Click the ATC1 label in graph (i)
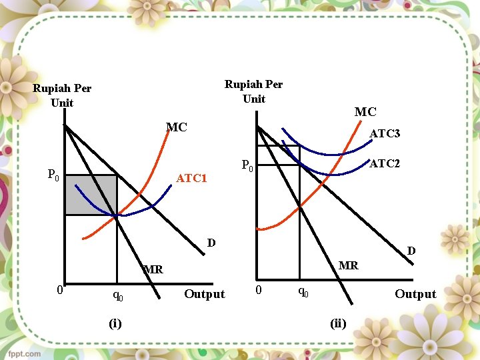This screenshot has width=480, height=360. pos(191,179)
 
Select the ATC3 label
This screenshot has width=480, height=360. pos(385,134)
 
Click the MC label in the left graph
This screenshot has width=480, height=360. pos(176,127)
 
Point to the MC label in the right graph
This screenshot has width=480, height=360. pos(365,112)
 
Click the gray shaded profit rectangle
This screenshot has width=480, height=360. pos(91,195)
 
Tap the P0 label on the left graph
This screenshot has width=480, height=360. pos(53,175)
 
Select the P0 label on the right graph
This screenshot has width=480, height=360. pos(247,165)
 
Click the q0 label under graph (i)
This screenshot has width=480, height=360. pos(117,294)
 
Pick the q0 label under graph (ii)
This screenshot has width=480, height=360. pos(302,291)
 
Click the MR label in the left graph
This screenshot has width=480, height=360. pos(153,270)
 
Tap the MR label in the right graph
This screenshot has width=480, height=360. pos(348,265)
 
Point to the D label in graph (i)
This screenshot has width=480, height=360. pos(211,243)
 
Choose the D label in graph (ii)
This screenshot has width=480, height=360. pos(411,251)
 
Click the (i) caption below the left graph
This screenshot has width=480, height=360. pos(115,324)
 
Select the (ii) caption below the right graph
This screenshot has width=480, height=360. pos(338,324)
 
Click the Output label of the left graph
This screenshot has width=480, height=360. pos(205,294)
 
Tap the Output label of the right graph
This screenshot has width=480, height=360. pos(415,294)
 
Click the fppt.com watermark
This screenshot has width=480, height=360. pos(25,353)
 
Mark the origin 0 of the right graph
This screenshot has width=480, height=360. pos(259,291)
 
